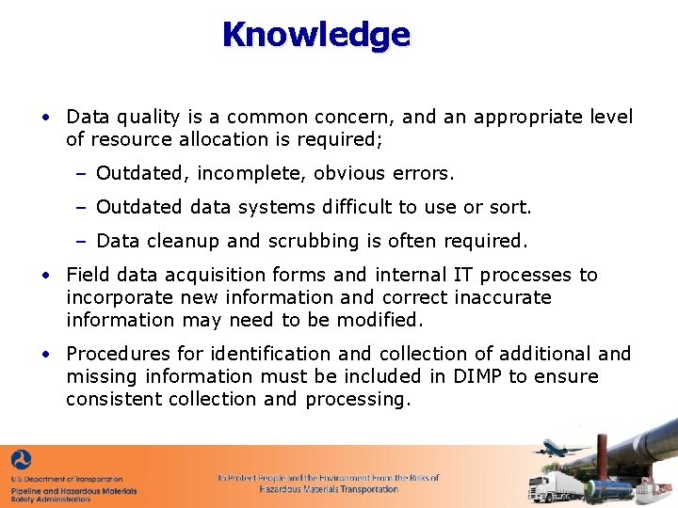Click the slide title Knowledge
pos(316,35)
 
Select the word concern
pos(354,118)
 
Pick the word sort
pos(512,207)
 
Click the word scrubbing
pos(307,241)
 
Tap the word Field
pos(88,275)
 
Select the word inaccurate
pos(503,297)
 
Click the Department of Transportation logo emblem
pos(21,460)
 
